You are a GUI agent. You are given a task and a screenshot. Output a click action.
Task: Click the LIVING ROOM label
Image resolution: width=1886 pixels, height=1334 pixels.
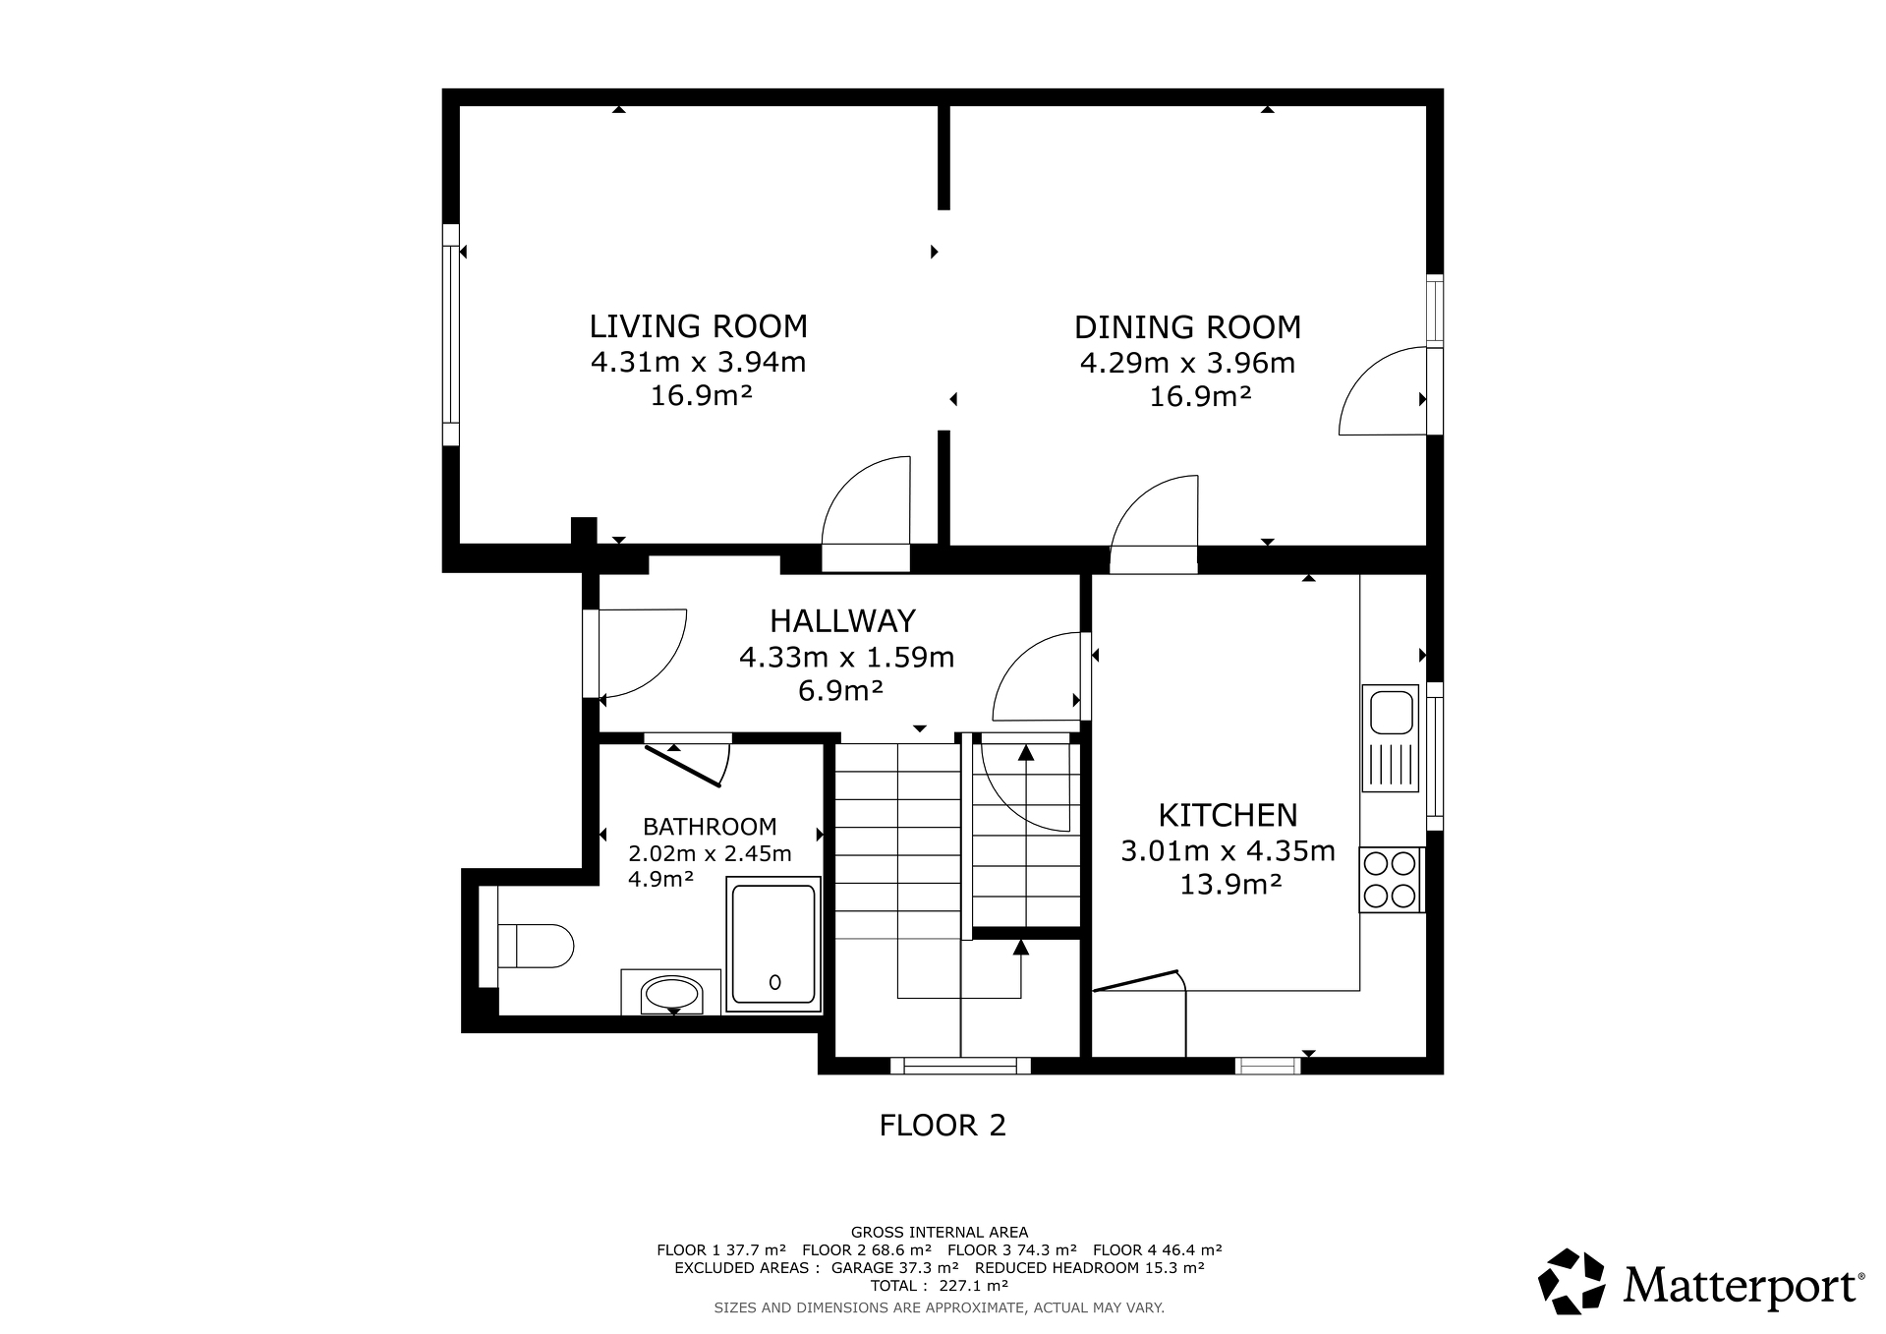[x=698, y=325]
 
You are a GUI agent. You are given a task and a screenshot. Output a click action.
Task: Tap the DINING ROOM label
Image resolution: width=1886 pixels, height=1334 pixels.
[x=1187, y=327]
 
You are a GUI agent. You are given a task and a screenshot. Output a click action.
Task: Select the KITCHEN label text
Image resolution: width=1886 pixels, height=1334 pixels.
[x=1228, y=815]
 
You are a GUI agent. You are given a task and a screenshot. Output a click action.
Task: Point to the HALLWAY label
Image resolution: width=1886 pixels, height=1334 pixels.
[x=842, y=620]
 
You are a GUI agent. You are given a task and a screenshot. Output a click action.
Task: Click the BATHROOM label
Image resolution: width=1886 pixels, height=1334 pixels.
[x=710, y=827]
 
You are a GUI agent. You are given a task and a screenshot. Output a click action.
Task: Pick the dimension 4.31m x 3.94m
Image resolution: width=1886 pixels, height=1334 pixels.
[x=698, y=362]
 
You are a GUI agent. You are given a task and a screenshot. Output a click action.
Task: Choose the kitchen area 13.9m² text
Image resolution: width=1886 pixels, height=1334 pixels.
[x=1230, y=885]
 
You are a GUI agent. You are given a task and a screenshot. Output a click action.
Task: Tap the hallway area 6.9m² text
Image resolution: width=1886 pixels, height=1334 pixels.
[x=840, y=691]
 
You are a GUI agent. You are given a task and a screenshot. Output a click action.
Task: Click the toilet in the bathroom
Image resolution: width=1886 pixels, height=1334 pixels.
[x=536, y=946]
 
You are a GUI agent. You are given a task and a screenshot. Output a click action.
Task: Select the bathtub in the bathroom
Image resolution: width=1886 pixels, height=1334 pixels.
[x=773, y=945]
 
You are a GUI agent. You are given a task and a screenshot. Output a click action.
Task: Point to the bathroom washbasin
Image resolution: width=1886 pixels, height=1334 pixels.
[x=670, y=993]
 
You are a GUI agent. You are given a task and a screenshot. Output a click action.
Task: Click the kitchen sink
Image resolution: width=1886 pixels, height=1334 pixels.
[x=1390, y=737]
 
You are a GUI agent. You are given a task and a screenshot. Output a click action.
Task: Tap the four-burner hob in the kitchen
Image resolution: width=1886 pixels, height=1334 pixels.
[x=1391, y=880]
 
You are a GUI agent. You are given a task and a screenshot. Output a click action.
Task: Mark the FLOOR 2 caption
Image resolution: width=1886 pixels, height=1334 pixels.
[x=943, y=1125]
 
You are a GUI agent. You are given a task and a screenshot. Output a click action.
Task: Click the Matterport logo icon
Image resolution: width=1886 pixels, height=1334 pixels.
[x=1572, y=1281]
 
